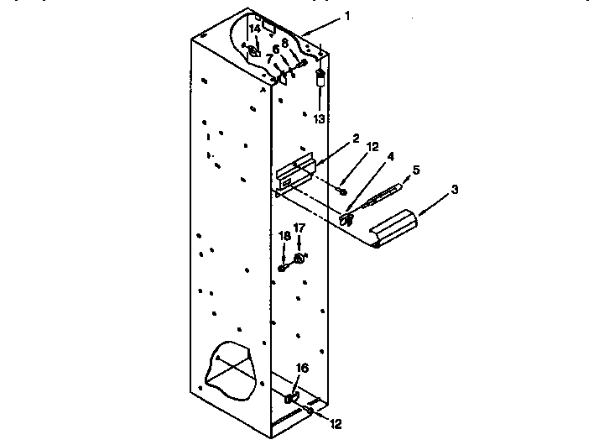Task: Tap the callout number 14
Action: tap(255, 29)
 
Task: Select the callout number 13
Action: tap(319, 119)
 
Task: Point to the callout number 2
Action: tap(356, 138)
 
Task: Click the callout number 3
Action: tap(455, 190)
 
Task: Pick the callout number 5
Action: tap(417, 170)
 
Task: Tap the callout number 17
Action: tap(299, 228)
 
